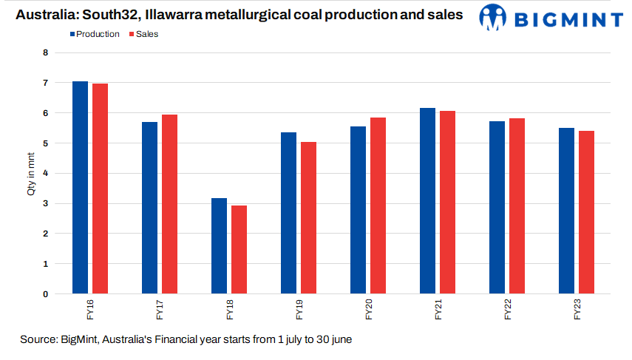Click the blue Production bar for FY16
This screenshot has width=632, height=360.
[x=80, y=188]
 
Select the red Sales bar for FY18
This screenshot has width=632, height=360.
[x=239, y=249]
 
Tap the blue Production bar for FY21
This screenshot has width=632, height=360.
[x=427, y=201]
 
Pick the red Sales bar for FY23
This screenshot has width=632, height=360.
[x=586, y=212]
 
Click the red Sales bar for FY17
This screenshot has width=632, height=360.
[x=169, y=204]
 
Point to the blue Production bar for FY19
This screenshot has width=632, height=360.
[x=288, y=213]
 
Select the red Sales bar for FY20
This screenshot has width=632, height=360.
[x=378, y=206]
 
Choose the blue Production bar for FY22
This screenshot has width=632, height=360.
[x=497, y=207]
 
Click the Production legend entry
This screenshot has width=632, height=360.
[x=96, y=34]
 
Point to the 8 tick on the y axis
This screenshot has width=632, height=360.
[x=45, y=53]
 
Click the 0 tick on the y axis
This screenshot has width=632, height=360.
[x=45, y=294]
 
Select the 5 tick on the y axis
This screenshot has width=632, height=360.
[x=45, y=143]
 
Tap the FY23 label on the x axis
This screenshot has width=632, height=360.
[x=577, y=311]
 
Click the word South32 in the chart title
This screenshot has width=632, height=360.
[x=110, y=15]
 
